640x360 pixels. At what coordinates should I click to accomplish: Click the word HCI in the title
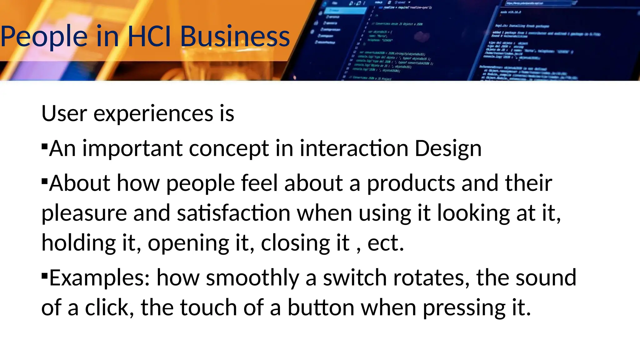click(x=149, y=37)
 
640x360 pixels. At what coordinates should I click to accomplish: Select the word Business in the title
click(x=235, y=37)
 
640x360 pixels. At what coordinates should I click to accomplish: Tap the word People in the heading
click(x=44, y=37)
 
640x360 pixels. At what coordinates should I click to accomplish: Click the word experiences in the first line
click(x=153, y=114)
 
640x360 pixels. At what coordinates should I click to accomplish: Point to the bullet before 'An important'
click(x=45, y=146)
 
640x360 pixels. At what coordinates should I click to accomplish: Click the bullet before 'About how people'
click(x=45, y=181)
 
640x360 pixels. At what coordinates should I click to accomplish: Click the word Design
click(x=448, y=149)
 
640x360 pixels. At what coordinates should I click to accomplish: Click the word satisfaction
click(x=234, y=213)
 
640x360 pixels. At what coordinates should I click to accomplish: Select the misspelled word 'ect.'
click(x=386, y=243)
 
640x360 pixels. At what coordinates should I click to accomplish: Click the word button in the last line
click(x=321, y=307)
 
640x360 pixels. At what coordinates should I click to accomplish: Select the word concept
click(x=229, y=149)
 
